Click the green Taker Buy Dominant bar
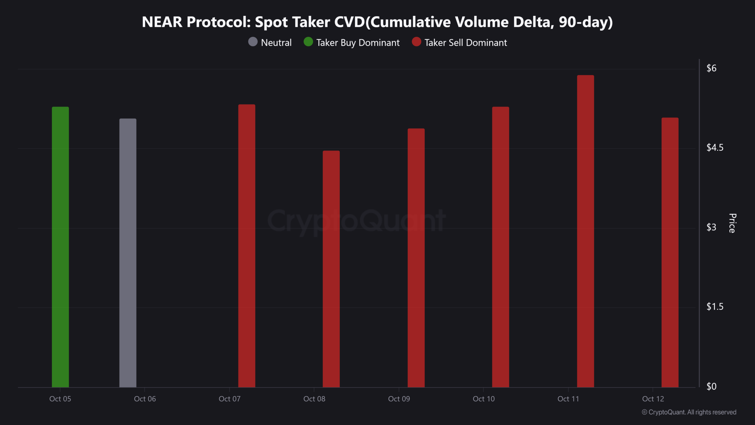(x=60, y=247)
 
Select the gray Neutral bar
(x=128, y=253)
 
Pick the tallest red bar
(x=585, y=231)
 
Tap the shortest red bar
(x=331, y=269)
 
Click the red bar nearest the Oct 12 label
(x=670, y=252)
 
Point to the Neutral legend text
(x=276, y=42)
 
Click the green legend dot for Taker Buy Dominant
(x=308, y=42)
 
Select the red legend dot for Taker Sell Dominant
(x=416, y=42)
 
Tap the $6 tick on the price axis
(x=711, y=68)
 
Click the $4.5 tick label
(x=715, y=148)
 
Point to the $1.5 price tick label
(x=715, y=307)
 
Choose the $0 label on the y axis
(x=711, y=386)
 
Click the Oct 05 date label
(x=60, y=399)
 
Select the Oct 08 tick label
(x=314, y=399)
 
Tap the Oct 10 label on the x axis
(x=484, y=399)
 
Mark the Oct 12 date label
(x=653, y=399)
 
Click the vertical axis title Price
(x=732, y=223)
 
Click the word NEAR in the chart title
(x=162, y=22)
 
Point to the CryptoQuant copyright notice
(x=689, y=412)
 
